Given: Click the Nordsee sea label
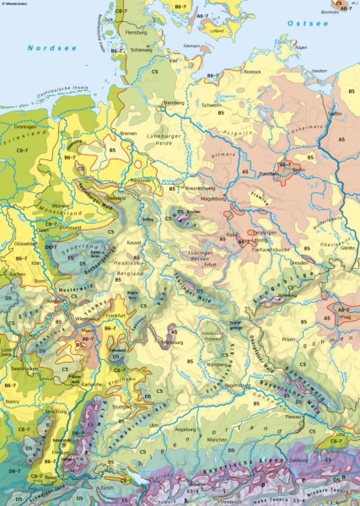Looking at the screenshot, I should (52, 48).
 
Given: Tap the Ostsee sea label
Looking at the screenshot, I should (307, 24).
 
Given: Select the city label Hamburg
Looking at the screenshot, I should (175, 103).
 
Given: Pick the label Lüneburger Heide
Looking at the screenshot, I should (159, 139).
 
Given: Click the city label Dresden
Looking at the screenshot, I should (300, 263).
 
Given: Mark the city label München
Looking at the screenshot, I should (217, 440).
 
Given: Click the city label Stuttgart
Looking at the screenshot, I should (121, 407).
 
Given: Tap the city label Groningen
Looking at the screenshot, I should (24, 127).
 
